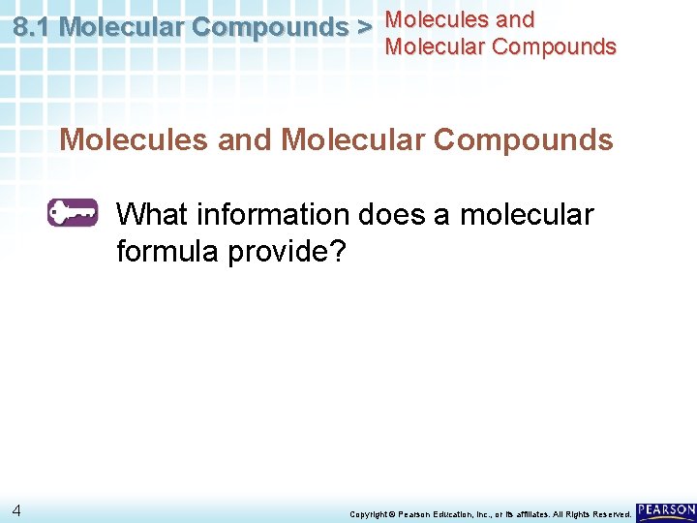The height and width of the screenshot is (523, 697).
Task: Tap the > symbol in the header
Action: [365, 27]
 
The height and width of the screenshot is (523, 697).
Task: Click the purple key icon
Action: [73, 212]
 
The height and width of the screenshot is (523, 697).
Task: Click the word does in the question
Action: [397, 213]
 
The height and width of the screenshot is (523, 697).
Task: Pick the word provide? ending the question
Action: [285, 252]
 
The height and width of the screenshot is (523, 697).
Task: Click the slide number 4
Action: [18, 510]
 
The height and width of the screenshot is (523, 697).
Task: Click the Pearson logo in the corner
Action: [666, 510]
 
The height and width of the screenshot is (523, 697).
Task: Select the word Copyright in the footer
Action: [367, 513]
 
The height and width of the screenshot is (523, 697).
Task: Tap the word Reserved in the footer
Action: [611, 513]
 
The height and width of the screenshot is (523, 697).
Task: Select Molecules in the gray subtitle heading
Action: [133, 139]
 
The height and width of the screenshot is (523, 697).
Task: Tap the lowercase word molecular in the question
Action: [527, 213]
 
